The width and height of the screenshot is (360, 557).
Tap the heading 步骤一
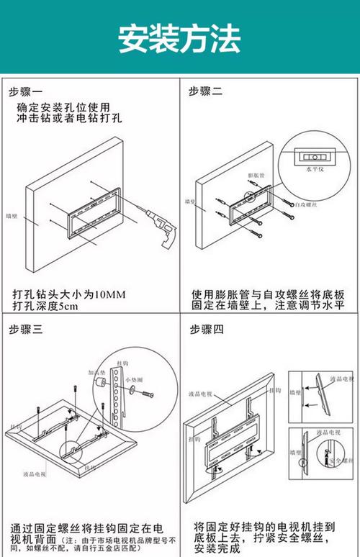point(26,91)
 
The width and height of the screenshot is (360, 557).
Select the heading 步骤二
point(206,91)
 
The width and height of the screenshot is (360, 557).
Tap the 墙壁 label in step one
point(12,214)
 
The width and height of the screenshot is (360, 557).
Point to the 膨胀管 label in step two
point(256,175)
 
